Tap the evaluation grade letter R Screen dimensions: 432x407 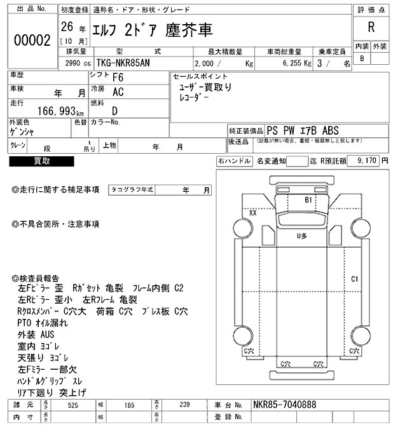370,28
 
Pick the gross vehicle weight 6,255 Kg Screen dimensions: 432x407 294,64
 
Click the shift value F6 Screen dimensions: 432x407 118,78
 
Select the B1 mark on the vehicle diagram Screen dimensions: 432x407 310,199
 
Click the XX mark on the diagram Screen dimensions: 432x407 252,213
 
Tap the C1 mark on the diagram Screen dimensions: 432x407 355,279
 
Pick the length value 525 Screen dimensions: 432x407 72,404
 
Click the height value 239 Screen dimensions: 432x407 184,404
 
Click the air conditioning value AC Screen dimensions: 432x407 118,91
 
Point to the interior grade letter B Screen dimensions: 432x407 362,58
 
